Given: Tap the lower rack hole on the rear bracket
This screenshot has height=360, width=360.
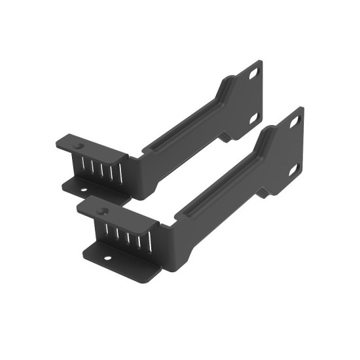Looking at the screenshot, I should coord(255,117).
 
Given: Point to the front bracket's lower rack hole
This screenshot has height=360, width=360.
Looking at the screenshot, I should coord(295,168).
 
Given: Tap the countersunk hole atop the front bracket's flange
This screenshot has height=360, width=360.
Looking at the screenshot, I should coord(103,211).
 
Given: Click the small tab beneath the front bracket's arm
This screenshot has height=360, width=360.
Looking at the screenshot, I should coord(265,190).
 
